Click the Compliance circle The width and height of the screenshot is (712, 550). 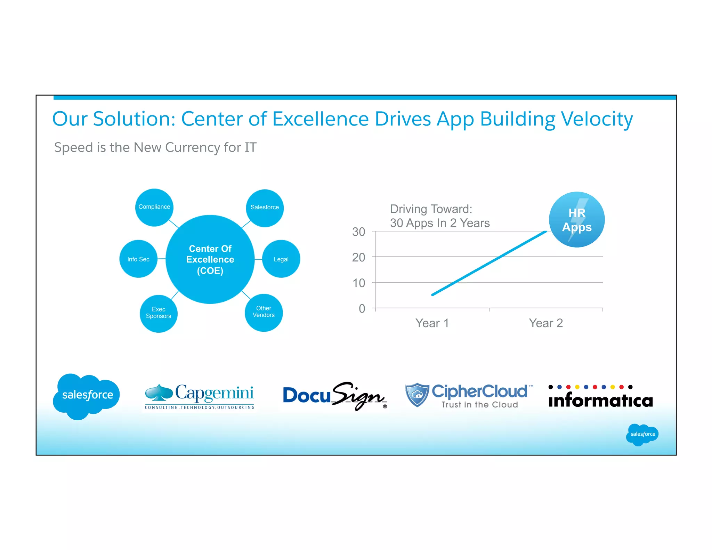click(154, 207)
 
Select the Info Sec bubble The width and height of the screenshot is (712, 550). click(138, 259)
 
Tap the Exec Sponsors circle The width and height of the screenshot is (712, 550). click(159, 313)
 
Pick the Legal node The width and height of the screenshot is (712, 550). click(281, 259)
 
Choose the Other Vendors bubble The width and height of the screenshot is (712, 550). click(264, 312)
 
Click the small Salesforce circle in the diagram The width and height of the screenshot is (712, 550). click(265, 208)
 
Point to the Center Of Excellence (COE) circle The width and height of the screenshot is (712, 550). click(210, 259)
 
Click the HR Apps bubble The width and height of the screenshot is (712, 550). click(577, 220)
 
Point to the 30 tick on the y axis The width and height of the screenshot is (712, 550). click(359, 232)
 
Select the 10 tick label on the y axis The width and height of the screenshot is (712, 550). click(359, 283)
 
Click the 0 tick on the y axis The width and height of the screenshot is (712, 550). click(362, 309)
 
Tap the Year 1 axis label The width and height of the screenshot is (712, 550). click(432, 323)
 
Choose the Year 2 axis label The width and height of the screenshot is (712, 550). click(546, 323)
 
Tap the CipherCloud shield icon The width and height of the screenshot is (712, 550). click(417, 395)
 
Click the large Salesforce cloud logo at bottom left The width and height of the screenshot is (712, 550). click(87, 396)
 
